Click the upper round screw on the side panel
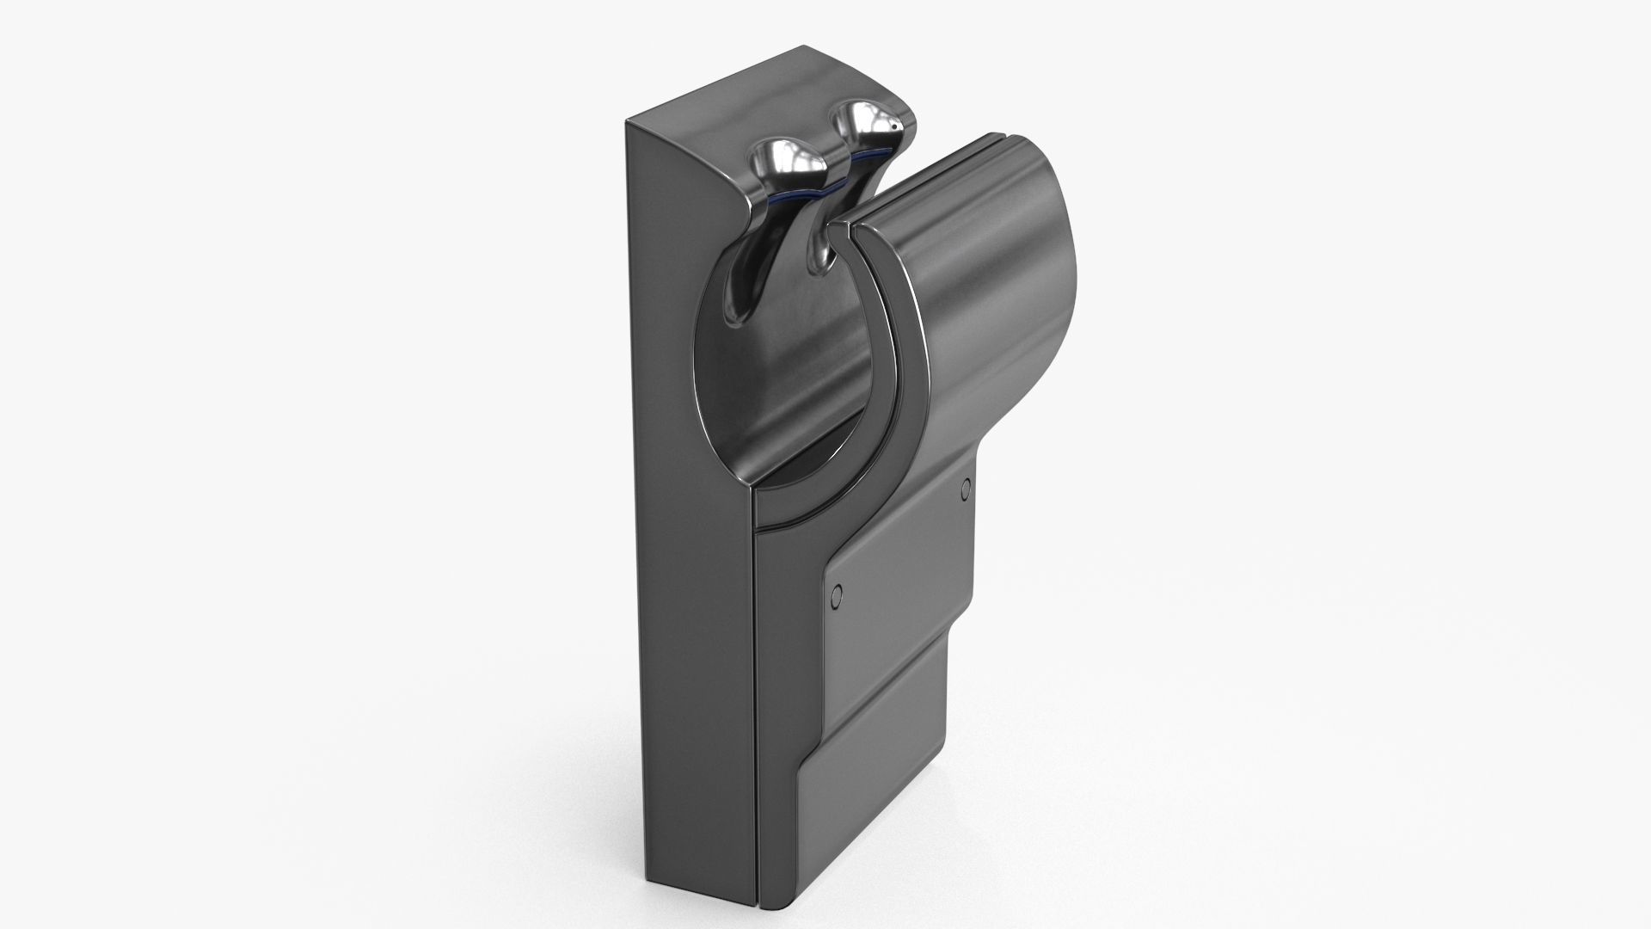[x=965, y=489]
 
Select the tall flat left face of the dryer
[x=679, y=516]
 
